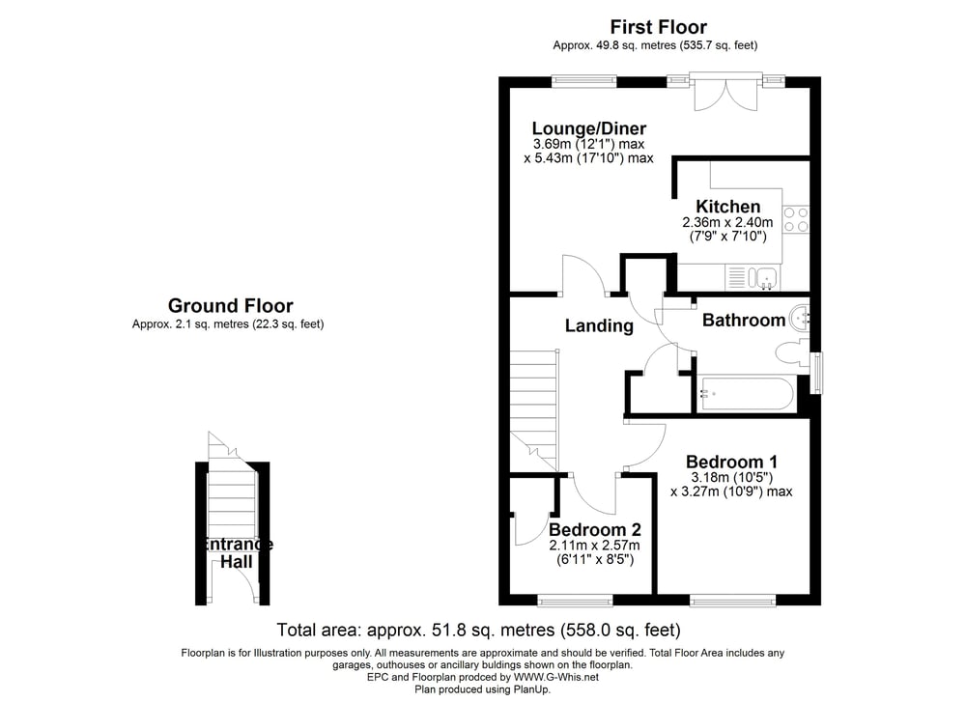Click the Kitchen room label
(x=727, y=207)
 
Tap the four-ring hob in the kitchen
(x=795, y=220)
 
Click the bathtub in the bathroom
(x=746, y=394)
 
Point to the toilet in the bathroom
(x=791, y=354)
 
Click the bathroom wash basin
(x=800, y=317)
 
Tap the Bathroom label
(x=744, y=321)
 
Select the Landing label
(x=599, y=325)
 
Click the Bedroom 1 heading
(x=731, y=462)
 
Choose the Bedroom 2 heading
(x=594, y=529)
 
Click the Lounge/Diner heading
(x=589, y=128)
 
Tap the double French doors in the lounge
(x=725, y=94)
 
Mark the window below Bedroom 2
(x=576, y=600)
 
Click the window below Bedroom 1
(x=732, y=600)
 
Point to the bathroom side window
(x=815, y=373)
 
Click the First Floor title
(x=658, y=27)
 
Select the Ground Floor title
(x=231, y=306)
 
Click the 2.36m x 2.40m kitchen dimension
(x=727, y=222)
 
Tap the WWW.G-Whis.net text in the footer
(x=555, y=677)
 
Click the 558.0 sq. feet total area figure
(x=620, y=631)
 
